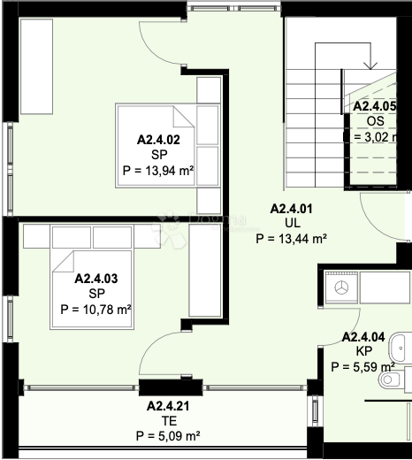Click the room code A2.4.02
(159, 139)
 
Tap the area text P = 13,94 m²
(159, 171)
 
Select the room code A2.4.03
(96, 278)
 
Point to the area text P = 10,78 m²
(96, 310)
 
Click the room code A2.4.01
(292, 209)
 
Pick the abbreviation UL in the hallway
(292, 224)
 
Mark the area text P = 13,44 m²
(292, 239)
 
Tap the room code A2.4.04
(363, 337)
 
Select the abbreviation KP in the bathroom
(363, 351)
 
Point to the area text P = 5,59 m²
(363, 366)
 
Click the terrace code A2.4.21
(168, 406)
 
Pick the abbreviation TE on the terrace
(168, 421)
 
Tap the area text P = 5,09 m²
(168, 436)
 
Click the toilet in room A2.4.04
(393, 380)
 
